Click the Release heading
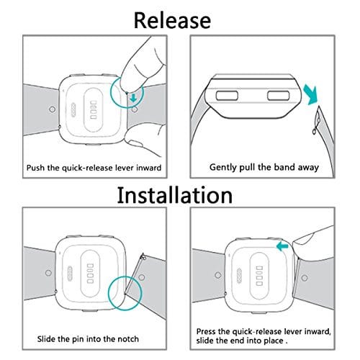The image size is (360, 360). coord(172,21)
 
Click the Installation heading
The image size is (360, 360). coord(175,195)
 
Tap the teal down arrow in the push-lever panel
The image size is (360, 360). coord(133,98)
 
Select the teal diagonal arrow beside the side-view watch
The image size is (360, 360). coord(311,94)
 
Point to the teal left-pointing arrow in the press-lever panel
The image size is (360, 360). coord(282,246)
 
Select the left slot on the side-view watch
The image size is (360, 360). coord(227,96)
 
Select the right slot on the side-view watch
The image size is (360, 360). coord(279,96)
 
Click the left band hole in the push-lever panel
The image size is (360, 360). coord(52,109)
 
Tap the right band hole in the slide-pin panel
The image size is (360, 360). coord(142,277)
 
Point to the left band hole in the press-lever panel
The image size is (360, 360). coord(218,275)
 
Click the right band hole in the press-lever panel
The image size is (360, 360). coord(305,278)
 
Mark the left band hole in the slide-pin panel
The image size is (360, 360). coord(48,273)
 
